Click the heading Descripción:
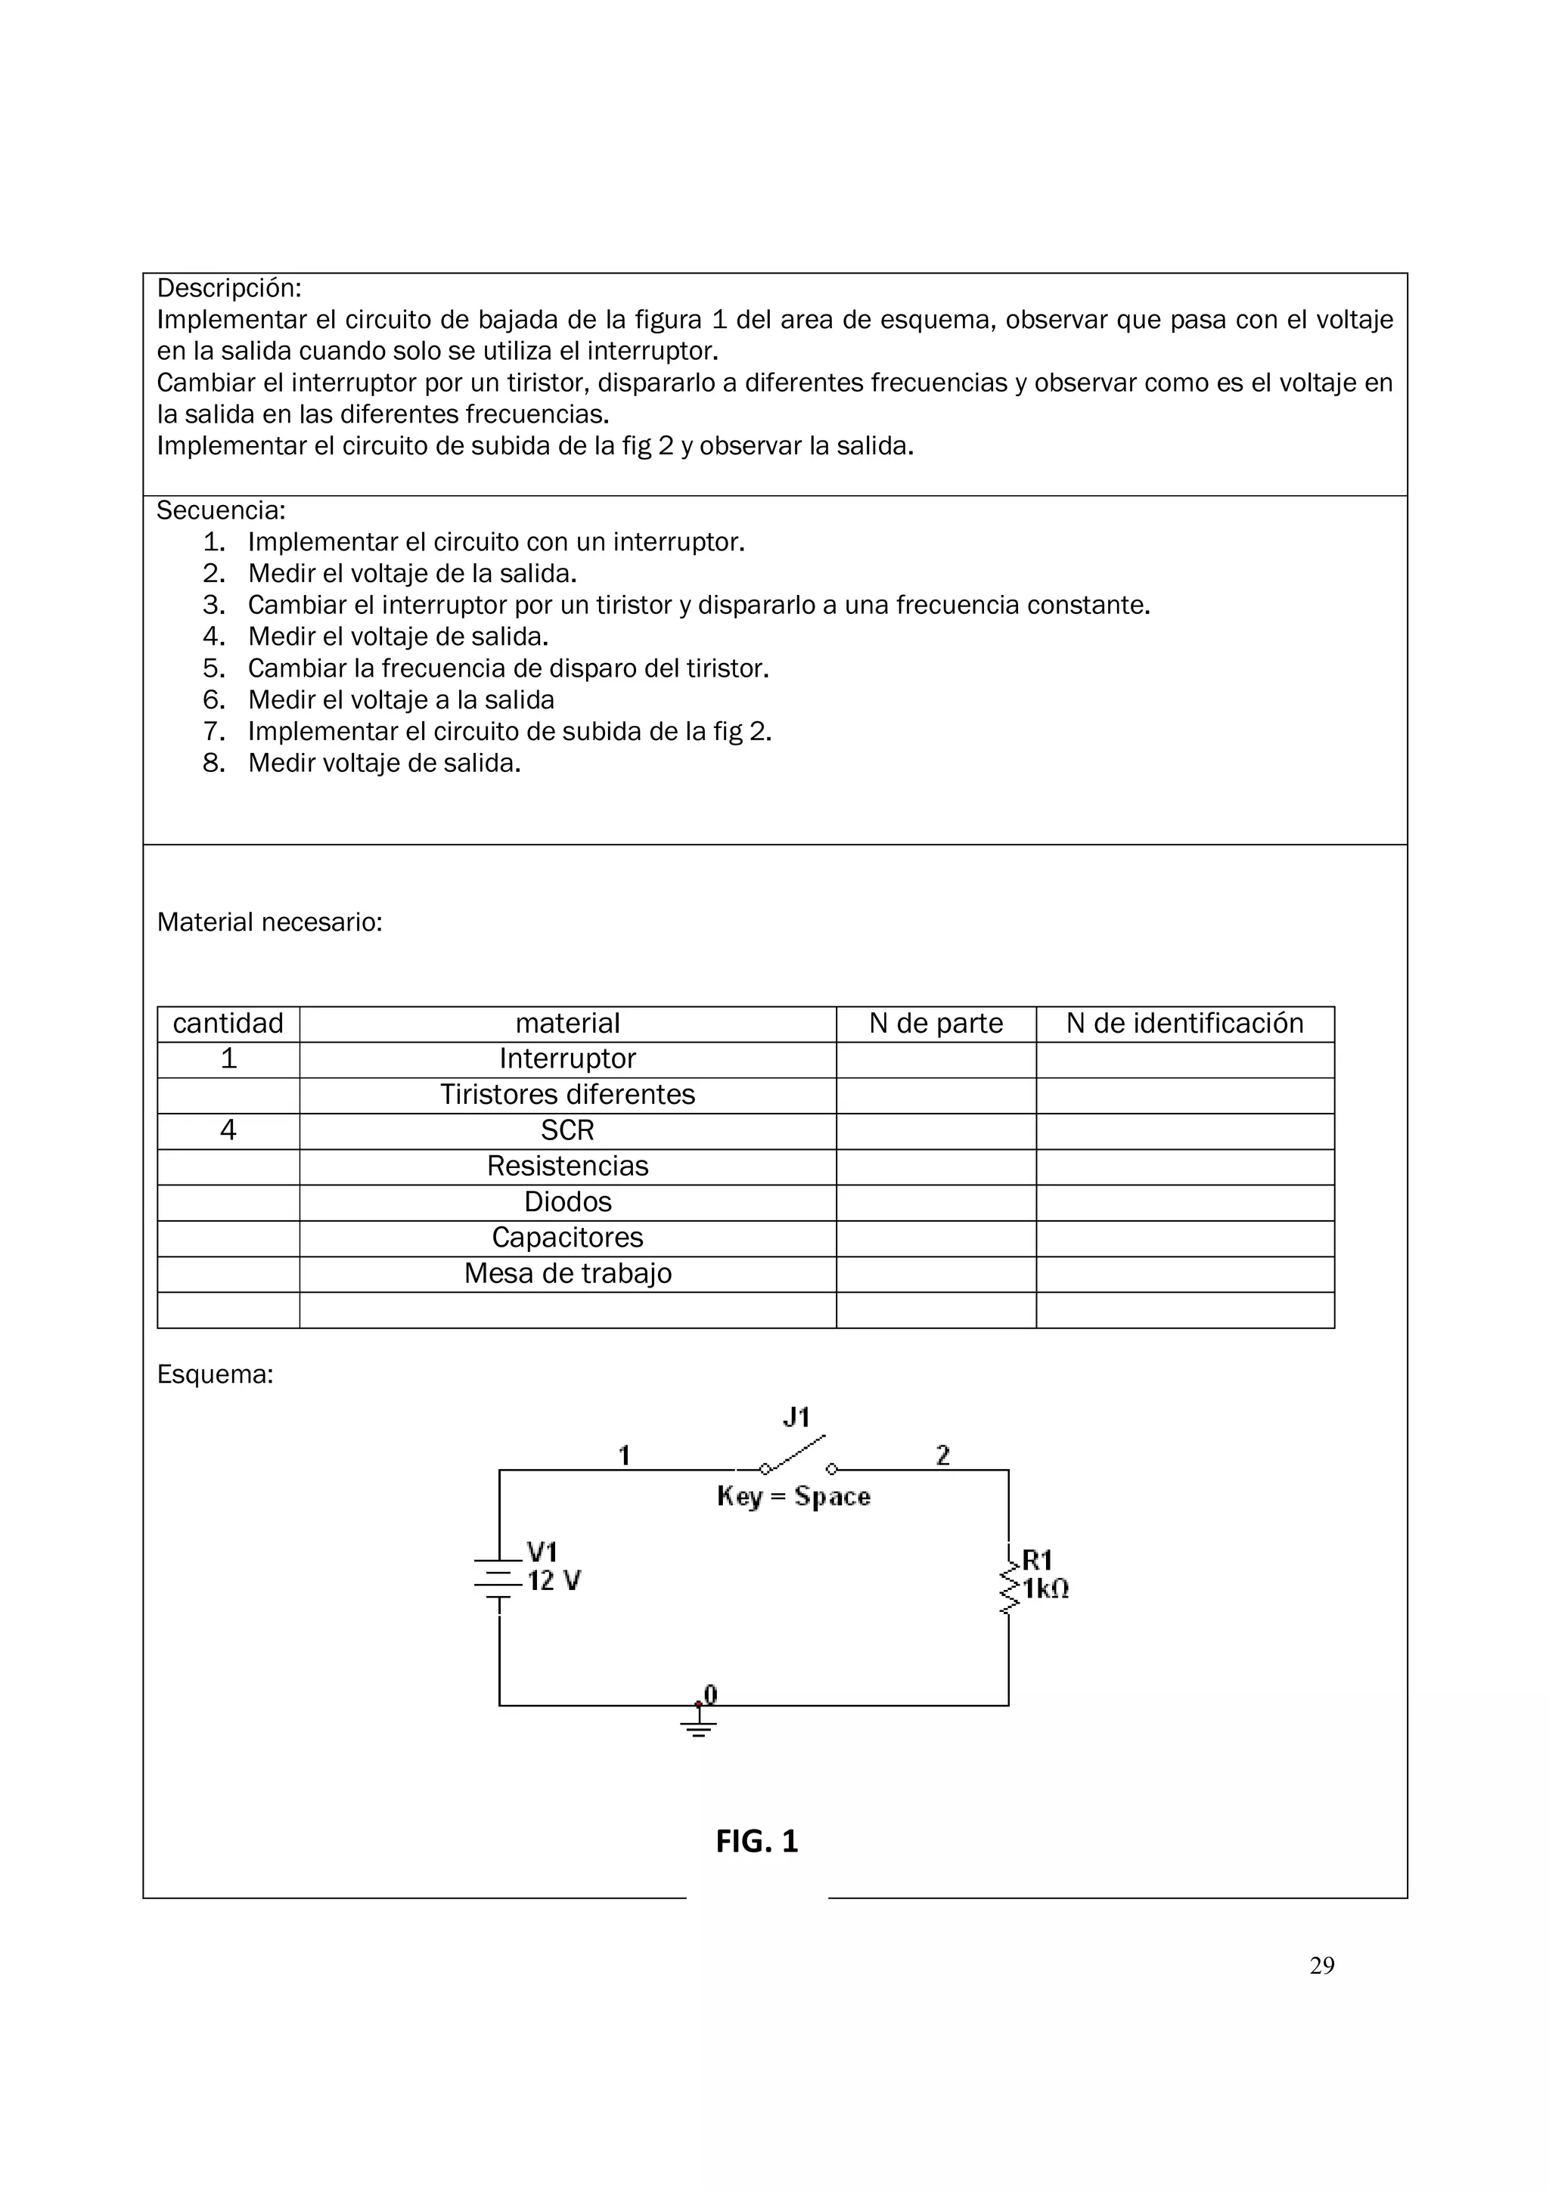[x=229, y=288]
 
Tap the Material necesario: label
[x=269, y=923]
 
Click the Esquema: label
[x=215, y=1375]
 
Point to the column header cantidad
[x=228, y=1024]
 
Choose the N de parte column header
[x=936, y=1024]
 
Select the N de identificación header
[x=1184, y=1024]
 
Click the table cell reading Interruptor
[x=567, y=1059]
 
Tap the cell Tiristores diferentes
[x=567, y=1095]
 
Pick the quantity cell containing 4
[x=228, y=1131]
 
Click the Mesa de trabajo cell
[x=567, y=1274]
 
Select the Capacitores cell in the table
[x=567, y=1238]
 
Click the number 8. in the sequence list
[x=214, y=764]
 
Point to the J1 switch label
[x=796, y=1418]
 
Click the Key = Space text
[x=793, y=1496]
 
